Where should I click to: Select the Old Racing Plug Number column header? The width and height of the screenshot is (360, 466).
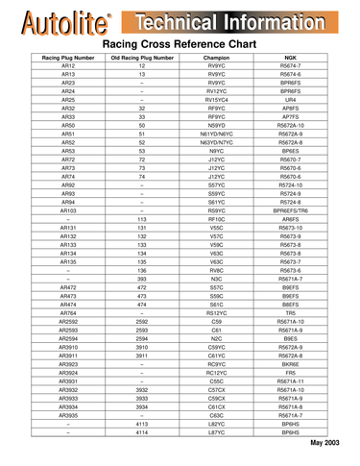point(141,59)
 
